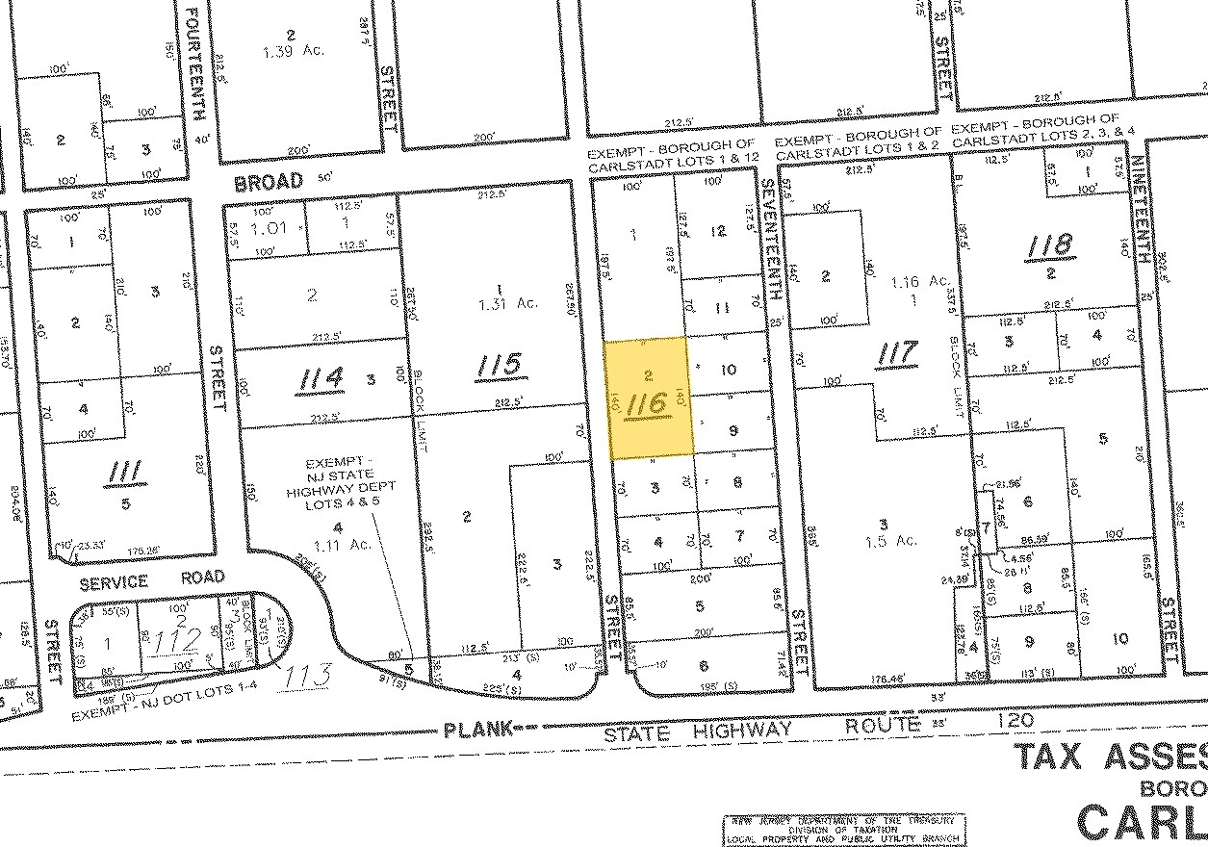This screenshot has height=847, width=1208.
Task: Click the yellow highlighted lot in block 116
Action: pyautogui.click(x=648, y=397)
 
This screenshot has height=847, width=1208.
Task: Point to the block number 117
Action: pyautogui.click(x=896, y=355)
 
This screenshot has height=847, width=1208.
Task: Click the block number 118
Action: pyautogui.click(x=1048, y=244)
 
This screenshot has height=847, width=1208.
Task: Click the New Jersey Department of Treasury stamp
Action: pyautogui.click(x=844, y=828)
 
